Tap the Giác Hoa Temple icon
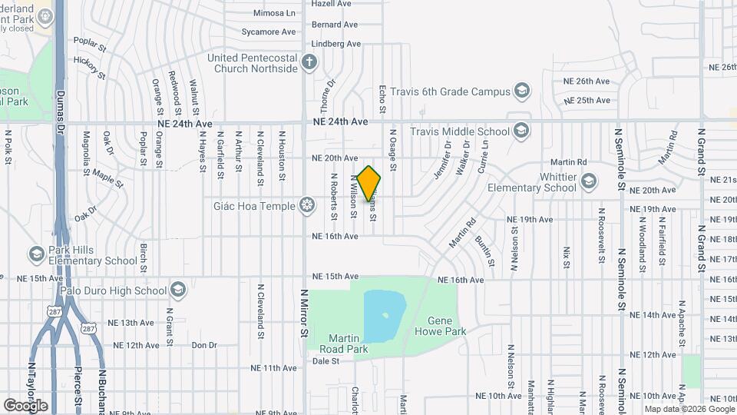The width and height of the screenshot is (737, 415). (307, 205)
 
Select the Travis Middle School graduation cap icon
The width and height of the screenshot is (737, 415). (522, 130)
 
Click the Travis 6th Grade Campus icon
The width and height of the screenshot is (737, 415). (522, 91)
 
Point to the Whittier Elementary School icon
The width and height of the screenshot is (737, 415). (589, 181)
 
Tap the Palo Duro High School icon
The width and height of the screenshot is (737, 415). (178, 290)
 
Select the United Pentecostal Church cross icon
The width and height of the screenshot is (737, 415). (309, 62)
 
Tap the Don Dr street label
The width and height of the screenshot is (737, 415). (204, 345)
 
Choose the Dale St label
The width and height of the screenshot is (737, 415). (326, 360)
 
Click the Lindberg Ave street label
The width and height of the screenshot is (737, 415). (336, 44)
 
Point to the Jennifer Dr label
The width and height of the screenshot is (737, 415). (441, 160)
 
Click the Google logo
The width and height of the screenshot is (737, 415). (25, 405)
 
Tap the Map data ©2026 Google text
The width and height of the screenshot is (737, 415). (687, 409)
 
